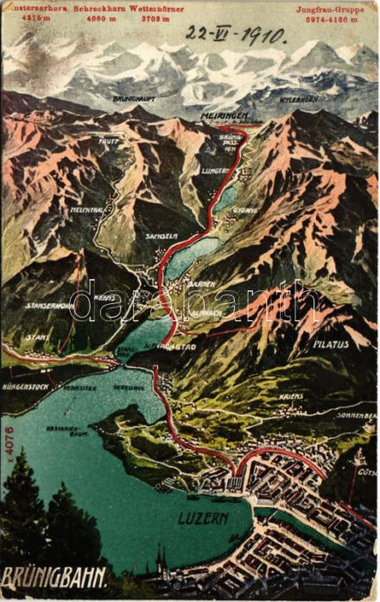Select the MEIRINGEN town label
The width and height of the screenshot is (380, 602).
[x=225, y=114]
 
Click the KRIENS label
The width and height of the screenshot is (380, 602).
[x=291, y=396]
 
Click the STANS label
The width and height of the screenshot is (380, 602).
[x=36, y=337]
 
